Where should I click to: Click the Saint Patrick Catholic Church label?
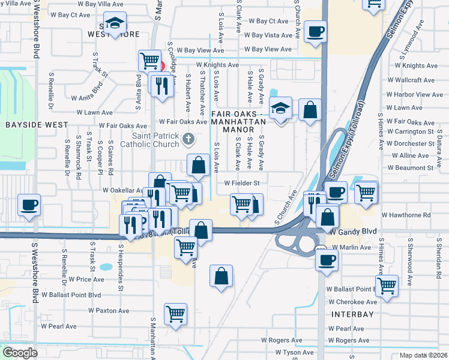[150, 140]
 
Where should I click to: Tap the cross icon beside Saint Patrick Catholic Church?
[188, 140]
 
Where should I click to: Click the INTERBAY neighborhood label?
[352, 314]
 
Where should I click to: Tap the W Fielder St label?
[241, 183]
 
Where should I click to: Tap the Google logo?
[20, 353]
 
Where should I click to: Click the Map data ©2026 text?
[423, 355]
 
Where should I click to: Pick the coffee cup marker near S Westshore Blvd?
[29, 205]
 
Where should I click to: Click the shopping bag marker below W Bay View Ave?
[309, 110]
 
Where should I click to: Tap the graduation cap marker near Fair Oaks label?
[280, 109]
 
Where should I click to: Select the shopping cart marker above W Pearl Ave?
[175, 313]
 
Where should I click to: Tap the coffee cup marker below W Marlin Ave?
[327, 260]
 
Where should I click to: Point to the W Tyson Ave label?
[294, 352]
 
